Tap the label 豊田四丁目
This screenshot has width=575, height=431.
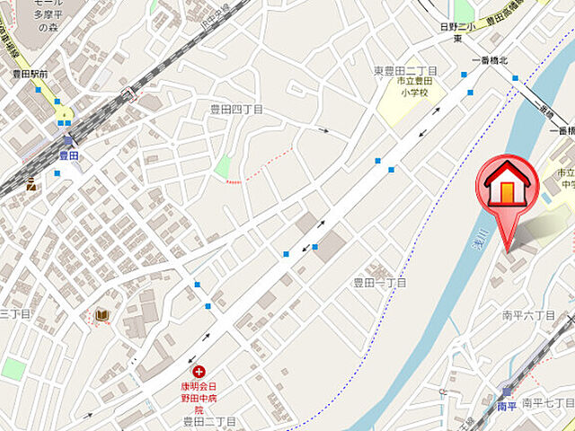point(236,109)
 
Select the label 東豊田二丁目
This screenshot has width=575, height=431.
point(405,70)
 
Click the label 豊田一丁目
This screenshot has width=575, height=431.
point(379,283)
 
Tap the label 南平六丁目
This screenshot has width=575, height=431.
point(529,315)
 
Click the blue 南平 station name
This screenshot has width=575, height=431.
point(507,406)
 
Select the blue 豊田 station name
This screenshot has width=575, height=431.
point(68,155)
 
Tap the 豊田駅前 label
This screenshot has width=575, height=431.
point(29,75)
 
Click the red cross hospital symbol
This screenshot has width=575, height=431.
point(198,370)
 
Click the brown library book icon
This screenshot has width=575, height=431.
point(102,315)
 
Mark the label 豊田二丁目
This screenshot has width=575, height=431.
point(208,421)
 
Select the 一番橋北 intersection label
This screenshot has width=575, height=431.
point(490,60)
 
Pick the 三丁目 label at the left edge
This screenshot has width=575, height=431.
point(14,313)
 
